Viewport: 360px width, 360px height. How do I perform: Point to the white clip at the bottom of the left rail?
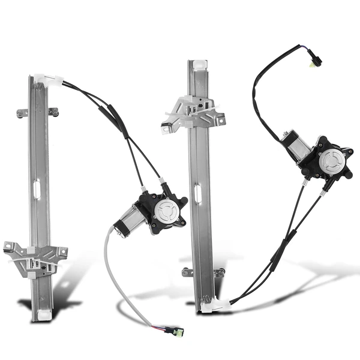43,314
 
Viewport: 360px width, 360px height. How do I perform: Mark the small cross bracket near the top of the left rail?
37,112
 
